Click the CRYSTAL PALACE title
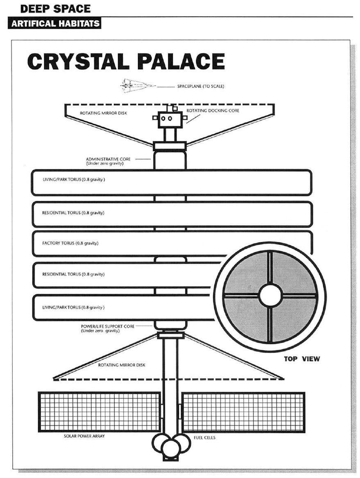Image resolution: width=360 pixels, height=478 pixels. (x=126, y=62)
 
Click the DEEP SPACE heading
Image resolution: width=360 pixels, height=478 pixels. (x=55, y=8)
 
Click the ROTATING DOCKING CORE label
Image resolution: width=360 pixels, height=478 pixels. (x=213, y=111)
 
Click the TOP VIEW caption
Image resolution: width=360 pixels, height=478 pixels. (x=302, y=359)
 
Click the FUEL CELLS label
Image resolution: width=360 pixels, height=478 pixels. (x=204, y=438)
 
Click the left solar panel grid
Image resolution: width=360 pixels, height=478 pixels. (x=100, y=412)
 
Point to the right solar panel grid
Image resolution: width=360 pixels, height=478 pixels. (x=243, y=412)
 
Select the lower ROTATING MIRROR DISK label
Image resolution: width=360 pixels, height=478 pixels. (x=122, y=364)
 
